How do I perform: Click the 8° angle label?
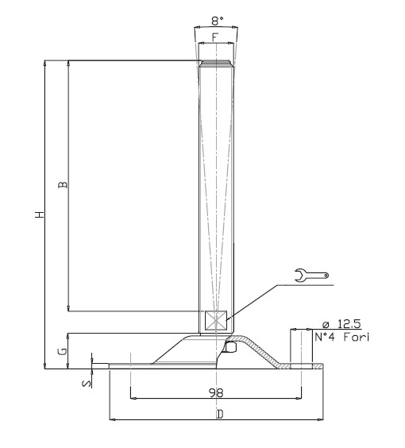tap(218, 21)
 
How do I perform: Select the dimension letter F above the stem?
tap(215, 37)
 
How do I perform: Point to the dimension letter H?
tap(40, 214)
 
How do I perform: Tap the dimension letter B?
tap(63, 184)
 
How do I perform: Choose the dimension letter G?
tap(63, 351)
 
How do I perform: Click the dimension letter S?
tap(87, 384)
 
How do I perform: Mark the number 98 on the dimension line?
tap(216, 393)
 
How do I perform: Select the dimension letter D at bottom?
tap(220, 414)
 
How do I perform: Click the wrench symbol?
tap(311, 275)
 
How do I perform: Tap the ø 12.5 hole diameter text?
tap(341, 324)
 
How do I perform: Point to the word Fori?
tap(357, 337)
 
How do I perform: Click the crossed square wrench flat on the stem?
tap(216, 321)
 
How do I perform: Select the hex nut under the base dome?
tap(230, 347)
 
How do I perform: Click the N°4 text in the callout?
tap(325, 337)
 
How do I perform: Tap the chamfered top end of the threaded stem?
tap(216, 63)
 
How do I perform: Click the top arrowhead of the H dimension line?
tap(44, 63)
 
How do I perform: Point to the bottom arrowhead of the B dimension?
tap(68, 308)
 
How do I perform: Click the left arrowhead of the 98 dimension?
tap(133, 398)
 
